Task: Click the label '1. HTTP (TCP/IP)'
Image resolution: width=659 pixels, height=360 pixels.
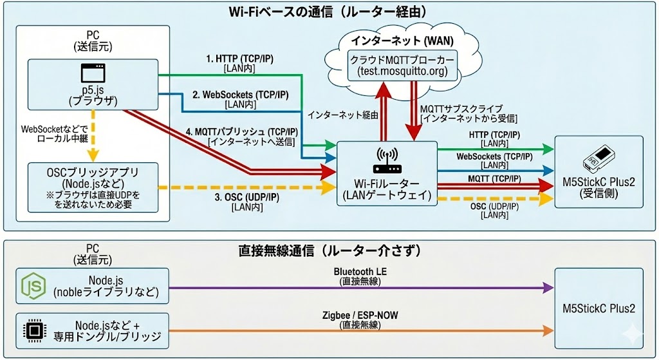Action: click(240, 59)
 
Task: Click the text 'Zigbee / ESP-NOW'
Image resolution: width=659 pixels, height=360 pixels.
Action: click(359, 316)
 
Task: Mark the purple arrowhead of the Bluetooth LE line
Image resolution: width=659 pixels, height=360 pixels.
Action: click(548, 288)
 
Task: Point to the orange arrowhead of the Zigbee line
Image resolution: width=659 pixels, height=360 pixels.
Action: click(548, 330)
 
